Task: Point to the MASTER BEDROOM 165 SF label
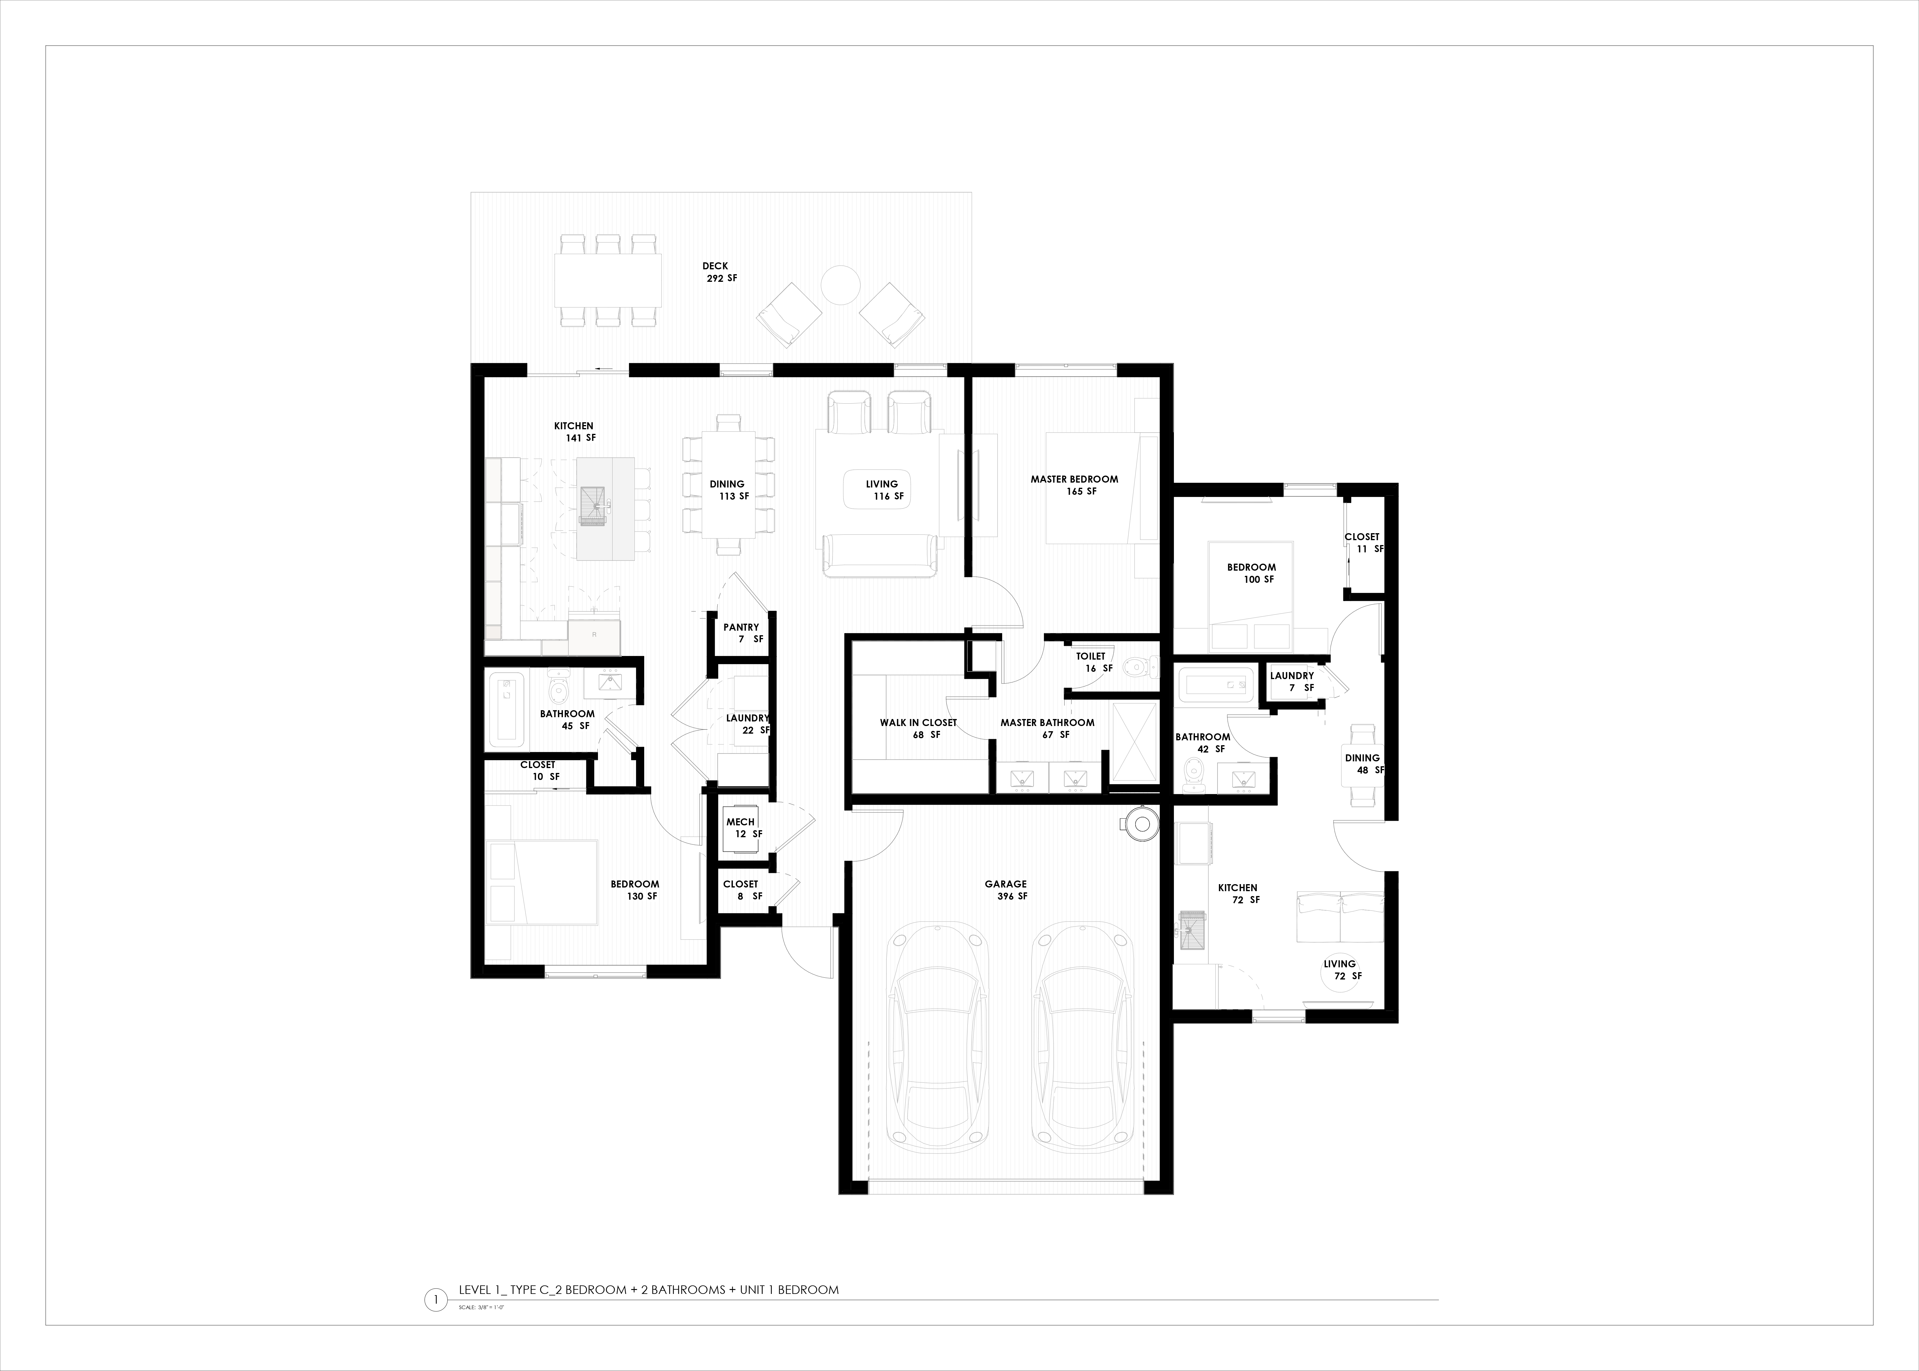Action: (x=1074, y=485)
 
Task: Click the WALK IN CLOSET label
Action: (x=918, y=723)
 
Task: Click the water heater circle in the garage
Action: (x=1143, y=825)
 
